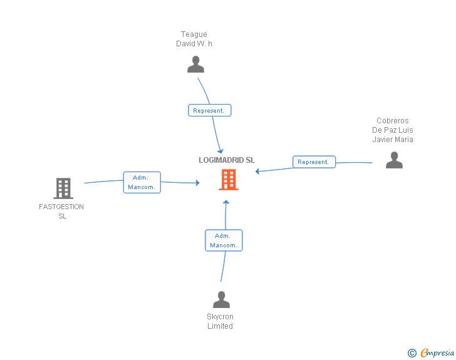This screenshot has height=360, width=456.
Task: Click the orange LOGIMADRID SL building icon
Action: click(228, 180)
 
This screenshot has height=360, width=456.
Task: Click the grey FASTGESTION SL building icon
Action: click(63, 188)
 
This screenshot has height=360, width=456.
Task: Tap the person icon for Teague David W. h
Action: click(195, 64)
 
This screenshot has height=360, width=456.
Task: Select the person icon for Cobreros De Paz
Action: click(394, 160)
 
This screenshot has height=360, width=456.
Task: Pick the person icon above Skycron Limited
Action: click(221, 299)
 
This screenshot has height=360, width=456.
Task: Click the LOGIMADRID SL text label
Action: click(227, 160)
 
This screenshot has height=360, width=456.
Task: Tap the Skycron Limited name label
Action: click(220, 321)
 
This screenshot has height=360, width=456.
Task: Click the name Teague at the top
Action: click(194, 34)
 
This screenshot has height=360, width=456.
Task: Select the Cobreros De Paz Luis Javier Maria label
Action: click(393, 130)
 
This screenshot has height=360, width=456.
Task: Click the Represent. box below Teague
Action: click(210, 110)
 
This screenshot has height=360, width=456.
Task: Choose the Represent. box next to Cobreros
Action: click(314, 162)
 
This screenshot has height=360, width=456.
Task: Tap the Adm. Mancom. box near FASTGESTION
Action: click(142, 182)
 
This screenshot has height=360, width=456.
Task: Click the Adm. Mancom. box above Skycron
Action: click(224, 240)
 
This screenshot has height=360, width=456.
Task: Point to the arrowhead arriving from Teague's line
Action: click(220, 151)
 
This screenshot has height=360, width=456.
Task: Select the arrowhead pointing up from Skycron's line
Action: click(227, 202)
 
